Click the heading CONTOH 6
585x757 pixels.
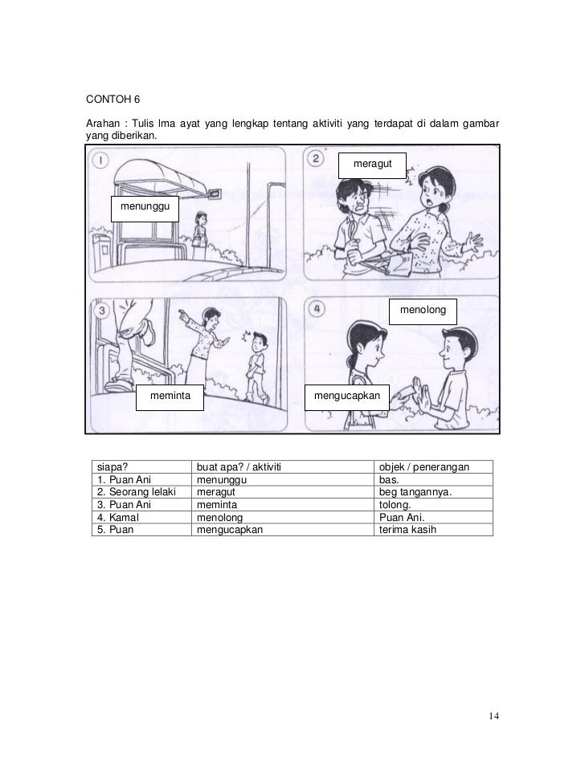point(112,100)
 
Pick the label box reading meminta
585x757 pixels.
point(169,397)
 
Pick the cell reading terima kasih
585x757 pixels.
point(407,530)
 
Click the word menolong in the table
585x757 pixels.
point(219,518)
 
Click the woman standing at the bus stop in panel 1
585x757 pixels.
point(198,231)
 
